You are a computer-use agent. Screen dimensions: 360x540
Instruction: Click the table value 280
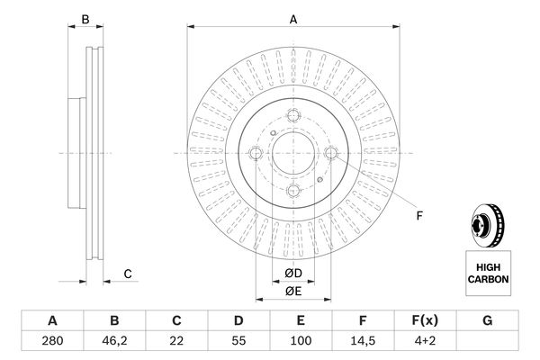[52, 340]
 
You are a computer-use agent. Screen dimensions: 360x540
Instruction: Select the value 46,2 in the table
[114, 340]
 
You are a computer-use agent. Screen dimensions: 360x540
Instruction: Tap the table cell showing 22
[177, 340]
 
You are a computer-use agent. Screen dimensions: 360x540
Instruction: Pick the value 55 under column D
[239, 340]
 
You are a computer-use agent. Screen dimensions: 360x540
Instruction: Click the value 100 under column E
[301, 340]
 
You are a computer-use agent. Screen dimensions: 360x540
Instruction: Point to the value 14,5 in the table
[363, 340]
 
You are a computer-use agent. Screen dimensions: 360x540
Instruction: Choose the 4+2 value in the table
[426, 340]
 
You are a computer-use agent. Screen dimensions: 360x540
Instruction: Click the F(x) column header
[426, 320]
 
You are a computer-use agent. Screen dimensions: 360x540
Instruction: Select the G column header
[487, 320]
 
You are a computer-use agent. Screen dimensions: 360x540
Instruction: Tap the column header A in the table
[52, 320]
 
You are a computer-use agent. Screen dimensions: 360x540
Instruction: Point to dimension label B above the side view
[85, 19]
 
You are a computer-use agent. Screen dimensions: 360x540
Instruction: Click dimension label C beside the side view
[128, 274]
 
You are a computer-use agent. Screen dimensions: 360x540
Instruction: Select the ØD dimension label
[292, 274]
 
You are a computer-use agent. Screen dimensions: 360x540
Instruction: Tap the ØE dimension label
[292, 291]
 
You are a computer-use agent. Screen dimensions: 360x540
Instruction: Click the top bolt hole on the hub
[294, 114]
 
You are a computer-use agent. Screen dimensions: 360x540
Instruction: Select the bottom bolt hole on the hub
[292, 191]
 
